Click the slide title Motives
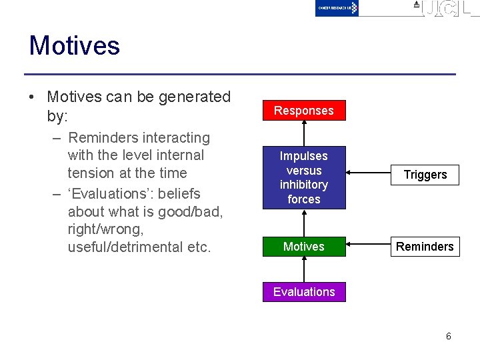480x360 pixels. coord(74,46)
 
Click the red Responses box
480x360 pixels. coord(304,111)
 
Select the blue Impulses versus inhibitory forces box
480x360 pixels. coord(304,177)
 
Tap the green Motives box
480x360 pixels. coord(304,247)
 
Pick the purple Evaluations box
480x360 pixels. coord(304,292)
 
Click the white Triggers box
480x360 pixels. coord(425,175)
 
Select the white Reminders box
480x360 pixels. coord(425,247)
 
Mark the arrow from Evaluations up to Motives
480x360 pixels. coord(304,269)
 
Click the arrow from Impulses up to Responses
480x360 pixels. coord(304,133)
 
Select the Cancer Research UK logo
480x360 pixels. coord(337,8)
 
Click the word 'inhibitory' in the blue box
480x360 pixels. coord(304,185)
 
